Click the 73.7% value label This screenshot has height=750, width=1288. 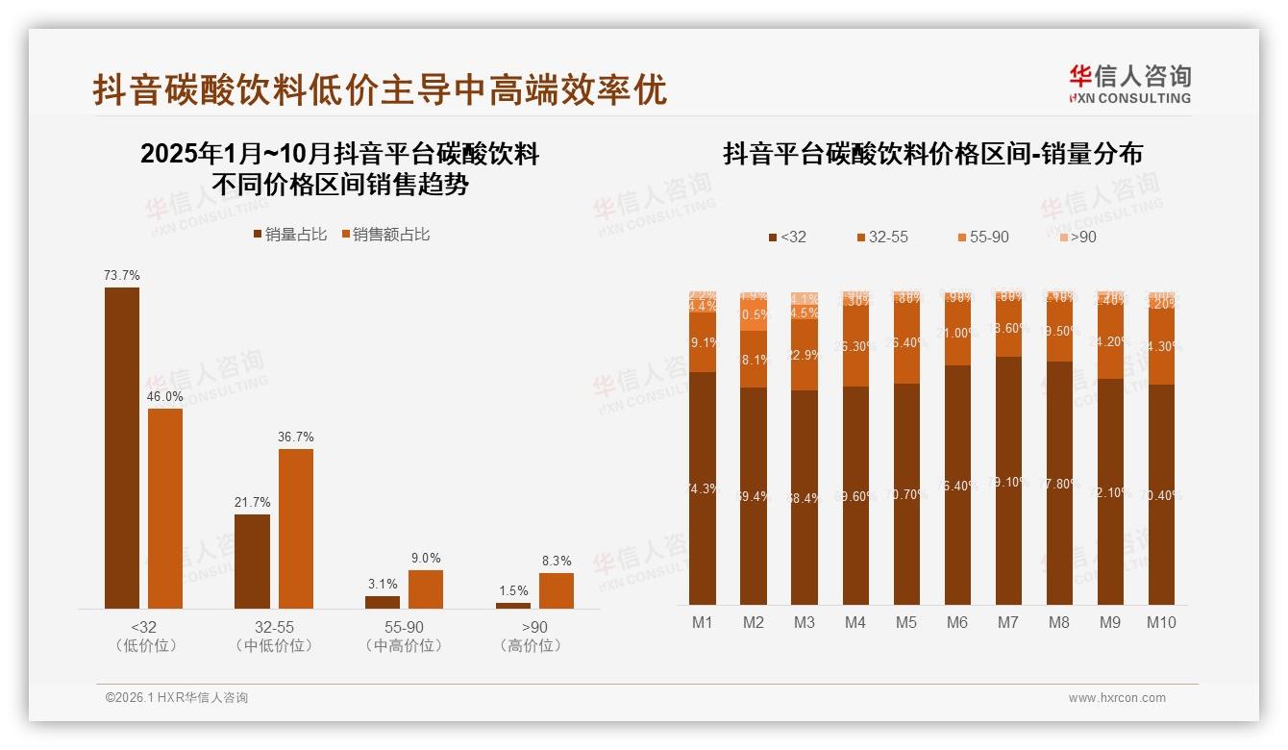(122, 276)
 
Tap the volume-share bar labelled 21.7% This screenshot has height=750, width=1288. (252, 561)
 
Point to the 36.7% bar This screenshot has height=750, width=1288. (296, 528)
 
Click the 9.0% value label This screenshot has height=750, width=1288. (426, 558)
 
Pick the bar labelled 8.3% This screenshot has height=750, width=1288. (556, 590)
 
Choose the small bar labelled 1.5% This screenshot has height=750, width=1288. (513, 606)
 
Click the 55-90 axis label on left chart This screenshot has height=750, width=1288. (405, 627)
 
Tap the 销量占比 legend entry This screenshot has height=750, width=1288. (290, 235)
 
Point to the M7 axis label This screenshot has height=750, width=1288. (1007, 622)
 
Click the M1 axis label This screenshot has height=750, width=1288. (703, 622)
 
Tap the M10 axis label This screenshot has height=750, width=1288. (1160, 622)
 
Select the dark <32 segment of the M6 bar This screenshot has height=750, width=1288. (957, 485)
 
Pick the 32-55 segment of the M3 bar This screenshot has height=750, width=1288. (805, 355)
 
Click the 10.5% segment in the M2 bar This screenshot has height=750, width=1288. (754, 315)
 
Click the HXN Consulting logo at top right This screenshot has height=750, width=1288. (1129, 85)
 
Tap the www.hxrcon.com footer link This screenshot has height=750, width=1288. (1117, 698)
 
